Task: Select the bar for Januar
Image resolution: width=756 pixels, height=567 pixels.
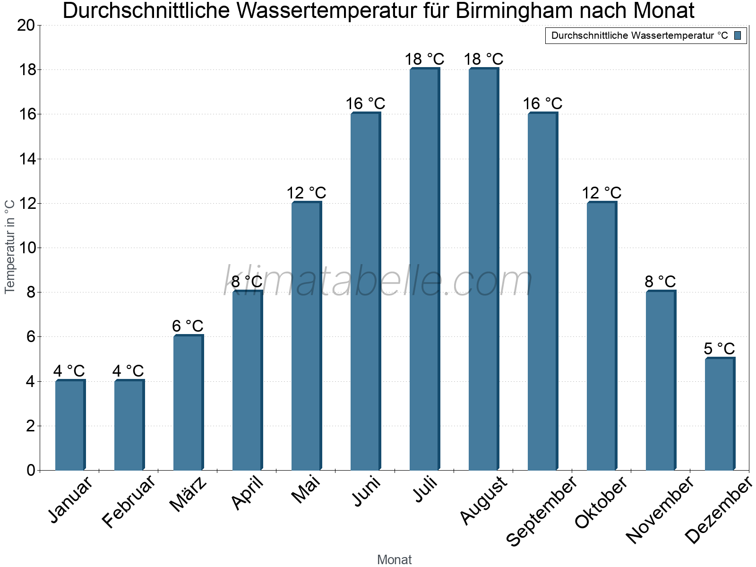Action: (x=70, y=425)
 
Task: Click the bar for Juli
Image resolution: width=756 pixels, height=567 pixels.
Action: (x=424, y=269)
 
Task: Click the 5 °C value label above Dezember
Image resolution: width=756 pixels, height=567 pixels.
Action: (x=719, y=349)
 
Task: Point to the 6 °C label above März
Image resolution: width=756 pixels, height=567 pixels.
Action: (x=188, y=326)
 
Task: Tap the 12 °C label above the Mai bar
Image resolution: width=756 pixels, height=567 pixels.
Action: (x=306, y=193)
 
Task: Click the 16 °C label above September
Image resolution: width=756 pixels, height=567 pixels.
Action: (x=542, y=103)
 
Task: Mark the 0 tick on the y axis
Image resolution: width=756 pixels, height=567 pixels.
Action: (x=31, y=470)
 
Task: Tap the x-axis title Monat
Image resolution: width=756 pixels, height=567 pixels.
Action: (x=395, y=560)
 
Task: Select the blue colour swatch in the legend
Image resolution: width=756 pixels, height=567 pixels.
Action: (x=738, y=35)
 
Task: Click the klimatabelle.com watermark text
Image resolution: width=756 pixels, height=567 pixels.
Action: (x=378, y=282)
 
